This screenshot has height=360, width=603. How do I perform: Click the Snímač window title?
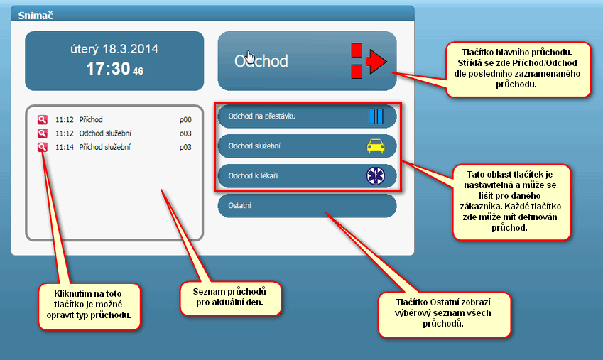coord(36,16)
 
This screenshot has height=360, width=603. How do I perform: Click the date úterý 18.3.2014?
coord(114,49)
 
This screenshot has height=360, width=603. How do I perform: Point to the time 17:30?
coord(108,69)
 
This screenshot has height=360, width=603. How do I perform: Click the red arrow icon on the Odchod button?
coord(369,61)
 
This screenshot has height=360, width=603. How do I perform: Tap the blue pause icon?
coord(376,116)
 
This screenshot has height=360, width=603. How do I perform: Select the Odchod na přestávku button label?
coord(262,116)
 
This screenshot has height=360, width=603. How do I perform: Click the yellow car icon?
coord(376,146)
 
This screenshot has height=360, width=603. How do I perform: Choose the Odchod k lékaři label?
coord(253,176)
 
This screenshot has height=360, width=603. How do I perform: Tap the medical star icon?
coord(375,176)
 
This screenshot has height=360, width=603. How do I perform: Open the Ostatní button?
coord(307,206)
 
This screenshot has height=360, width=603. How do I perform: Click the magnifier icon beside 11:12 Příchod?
coord(43,119)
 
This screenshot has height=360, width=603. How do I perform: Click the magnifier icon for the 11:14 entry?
coord(43,147)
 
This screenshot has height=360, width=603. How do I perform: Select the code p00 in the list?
coord(185,120)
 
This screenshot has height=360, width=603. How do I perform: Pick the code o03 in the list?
coord(185,133)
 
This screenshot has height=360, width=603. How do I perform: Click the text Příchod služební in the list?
coord(104,147)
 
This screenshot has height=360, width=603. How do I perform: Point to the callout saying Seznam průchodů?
coord(231,298)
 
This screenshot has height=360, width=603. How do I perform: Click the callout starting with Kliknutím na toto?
coord(89,307)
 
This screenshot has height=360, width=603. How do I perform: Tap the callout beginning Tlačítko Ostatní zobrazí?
coord(444,315)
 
